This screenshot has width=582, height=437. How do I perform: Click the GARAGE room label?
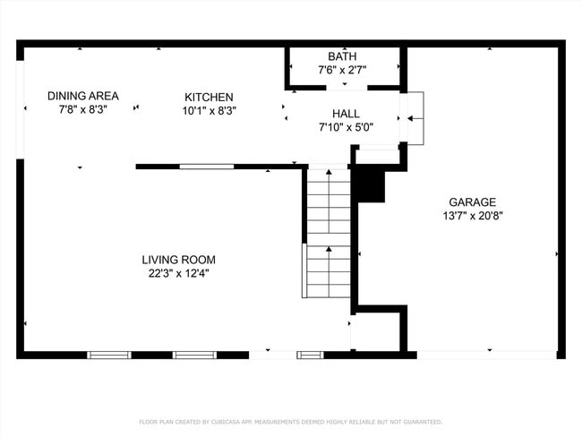472,202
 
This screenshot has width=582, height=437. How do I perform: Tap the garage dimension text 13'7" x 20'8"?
472,216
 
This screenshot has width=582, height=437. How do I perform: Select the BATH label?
341,56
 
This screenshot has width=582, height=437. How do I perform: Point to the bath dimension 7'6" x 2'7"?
341,70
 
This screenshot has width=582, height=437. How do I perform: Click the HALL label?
346,114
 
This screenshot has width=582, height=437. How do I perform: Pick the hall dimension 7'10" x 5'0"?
346,127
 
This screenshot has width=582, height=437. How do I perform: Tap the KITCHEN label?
209,97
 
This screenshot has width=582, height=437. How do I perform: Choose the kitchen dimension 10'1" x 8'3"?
209,111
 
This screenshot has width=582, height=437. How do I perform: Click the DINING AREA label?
83,96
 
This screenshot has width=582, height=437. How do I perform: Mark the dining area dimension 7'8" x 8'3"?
83,110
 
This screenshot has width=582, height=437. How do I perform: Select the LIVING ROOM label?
179,260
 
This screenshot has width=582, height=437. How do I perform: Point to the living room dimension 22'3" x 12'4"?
179,274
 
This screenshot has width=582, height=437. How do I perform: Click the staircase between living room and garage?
329,233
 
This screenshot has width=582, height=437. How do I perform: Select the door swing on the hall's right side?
414,117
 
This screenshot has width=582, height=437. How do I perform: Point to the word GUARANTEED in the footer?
420,422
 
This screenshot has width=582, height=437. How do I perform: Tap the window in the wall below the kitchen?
207,166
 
